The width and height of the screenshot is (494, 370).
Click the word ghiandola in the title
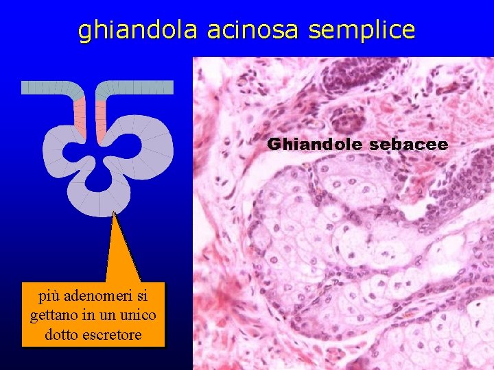tap(137, 30)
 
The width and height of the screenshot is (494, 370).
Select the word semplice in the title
tap(362, 30)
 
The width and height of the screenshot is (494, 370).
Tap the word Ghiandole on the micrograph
tap(315, 145)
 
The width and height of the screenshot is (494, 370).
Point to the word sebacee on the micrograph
tap(408, 145)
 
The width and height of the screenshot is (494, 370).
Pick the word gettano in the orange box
tap(51, 316)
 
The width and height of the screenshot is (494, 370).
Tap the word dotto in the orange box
tap(62, 335)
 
